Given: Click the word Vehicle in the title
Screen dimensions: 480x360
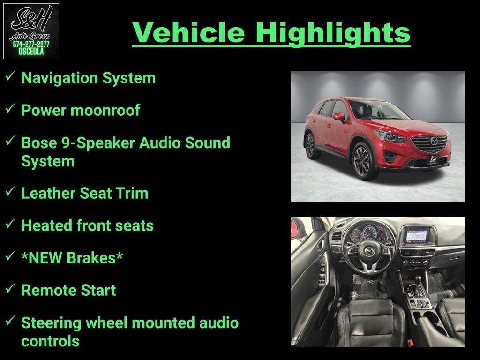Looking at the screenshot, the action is (x=188, y=32).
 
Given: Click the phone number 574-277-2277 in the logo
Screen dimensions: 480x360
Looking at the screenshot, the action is (x=31, y=45).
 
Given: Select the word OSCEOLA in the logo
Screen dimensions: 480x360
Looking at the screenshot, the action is (x=31, y=52).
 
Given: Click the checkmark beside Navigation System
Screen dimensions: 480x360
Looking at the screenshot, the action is (x=10, y=76).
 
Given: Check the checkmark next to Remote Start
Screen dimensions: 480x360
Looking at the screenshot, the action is (x=10, y=288).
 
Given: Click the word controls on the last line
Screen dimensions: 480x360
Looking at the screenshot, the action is (x=50, y=341).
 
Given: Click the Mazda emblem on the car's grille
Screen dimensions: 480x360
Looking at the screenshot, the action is (x=434, y=142).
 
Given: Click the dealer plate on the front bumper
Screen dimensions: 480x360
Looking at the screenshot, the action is (x=433, y=159).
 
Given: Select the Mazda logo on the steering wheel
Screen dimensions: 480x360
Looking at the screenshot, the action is (x=369, y=252).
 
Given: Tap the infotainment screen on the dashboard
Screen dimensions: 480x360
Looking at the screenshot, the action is (x=416, y=236).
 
